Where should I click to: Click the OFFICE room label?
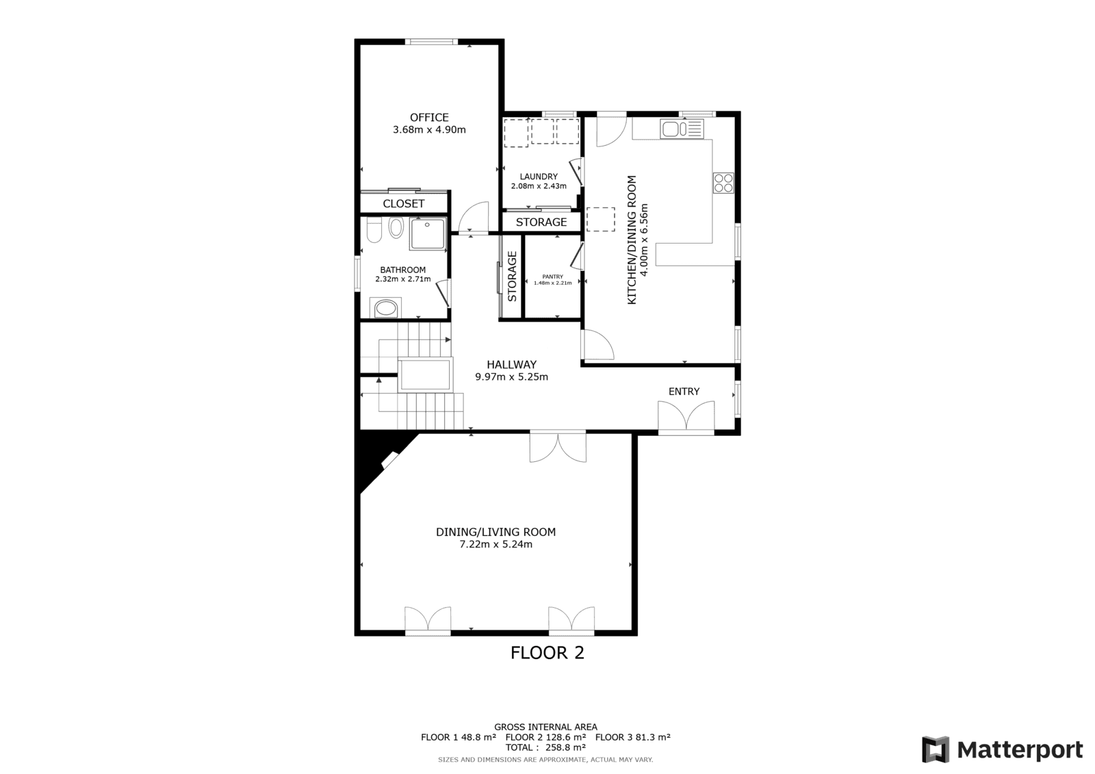429,117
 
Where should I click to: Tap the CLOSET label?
404,203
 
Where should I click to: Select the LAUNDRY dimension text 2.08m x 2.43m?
539,185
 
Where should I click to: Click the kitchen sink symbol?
682,129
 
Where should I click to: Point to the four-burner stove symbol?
723,183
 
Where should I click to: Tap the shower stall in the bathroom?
428,234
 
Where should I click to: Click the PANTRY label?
553,276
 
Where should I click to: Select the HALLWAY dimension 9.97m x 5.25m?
512,377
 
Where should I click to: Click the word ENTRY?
684,391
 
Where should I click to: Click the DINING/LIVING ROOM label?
495,532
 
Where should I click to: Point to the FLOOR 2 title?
547,653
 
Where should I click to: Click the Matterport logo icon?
936,749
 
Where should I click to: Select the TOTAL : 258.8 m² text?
545,747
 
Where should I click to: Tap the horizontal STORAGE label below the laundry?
541,222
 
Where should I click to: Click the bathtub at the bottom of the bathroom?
386,308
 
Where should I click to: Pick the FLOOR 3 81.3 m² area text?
632,737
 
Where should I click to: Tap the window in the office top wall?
431,42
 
